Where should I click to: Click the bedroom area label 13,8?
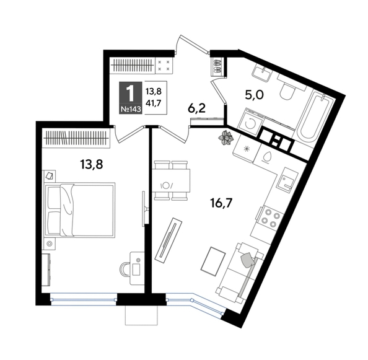pyautogui.click(x=92, y=164)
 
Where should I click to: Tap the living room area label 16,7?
pyautogui.click(x=221, y=203)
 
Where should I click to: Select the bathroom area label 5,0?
pyautogui.click(x=254, y=95)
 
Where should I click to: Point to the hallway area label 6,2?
pyautogui.click(x=196, y=108)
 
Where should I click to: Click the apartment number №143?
pyautogui.click(x=131, y=109)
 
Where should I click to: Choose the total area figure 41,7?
pyautogui.click(x=153, y=103)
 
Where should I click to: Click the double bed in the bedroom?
pyautogui.click(x=81, y=210)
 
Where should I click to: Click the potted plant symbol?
pyautogui.click(x=226, y=138)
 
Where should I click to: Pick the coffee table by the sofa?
pyautogui.click(x=213, y=261)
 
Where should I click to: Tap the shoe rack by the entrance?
pyautogui.click(x=217, y=66)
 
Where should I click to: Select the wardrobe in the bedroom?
pyautogui.click(x=76, y=138)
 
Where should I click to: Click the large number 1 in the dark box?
pyautogui.click(x=131, y=94)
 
